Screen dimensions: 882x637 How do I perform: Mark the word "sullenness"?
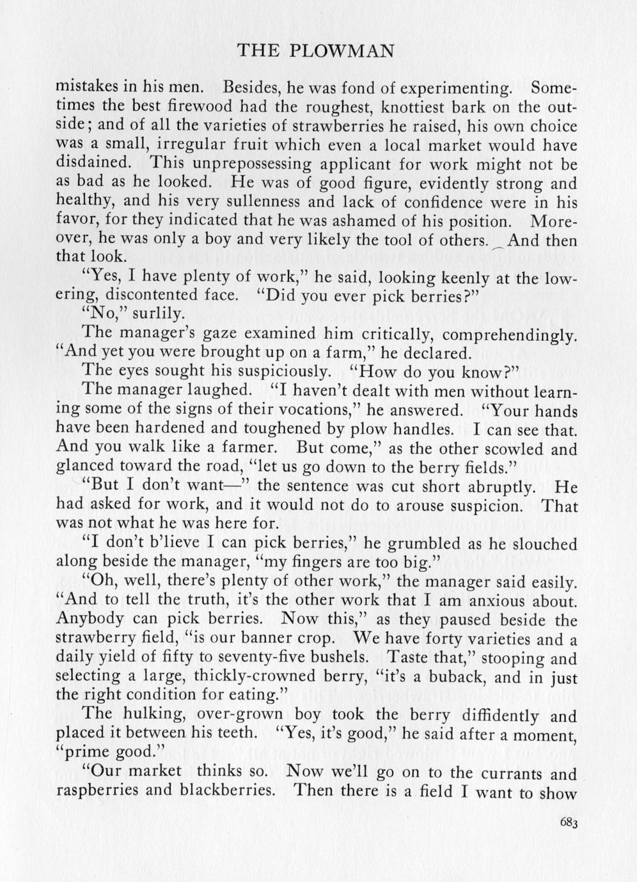click(229, 202)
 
